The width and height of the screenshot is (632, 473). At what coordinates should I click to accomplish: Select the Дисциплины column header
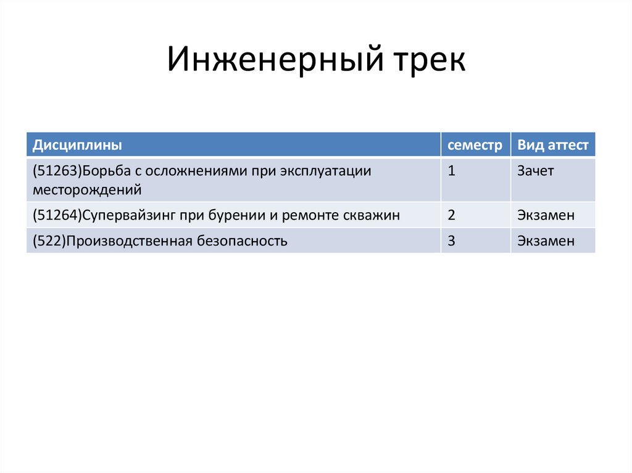pyautogui.click(x=77, y=146)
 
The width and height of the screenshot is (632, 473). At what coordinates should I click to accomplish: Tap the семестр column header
pyautogui.click(x=475, y=146)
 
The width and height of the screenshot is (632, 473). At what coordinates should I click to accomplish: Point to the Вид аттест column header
pyautogui.click(x=553, y=146)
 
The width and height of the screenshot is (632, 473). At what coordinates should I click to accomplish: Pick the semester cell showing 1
pyautogui.click(x=452, y=171)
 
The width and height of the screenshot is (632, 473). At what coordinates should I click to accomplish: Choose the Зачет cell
pyautogui.click(x=536, y=171)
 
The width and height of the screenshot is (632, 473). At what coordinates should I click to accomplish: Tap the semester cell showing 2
pyautogui.click(x=452, y=215)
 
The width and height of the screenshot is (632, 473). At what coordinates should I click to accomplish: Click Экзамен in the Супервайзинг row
pyautogui.click(x=546, y=215)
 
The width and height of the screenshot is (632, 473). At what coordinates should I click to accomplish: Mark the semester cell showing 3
pyautogui.click(x=452, y=241)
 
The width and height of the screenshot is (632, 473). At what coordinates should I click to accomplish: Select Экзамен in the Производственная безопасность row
pyautogui.click(x=546, y=241)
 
